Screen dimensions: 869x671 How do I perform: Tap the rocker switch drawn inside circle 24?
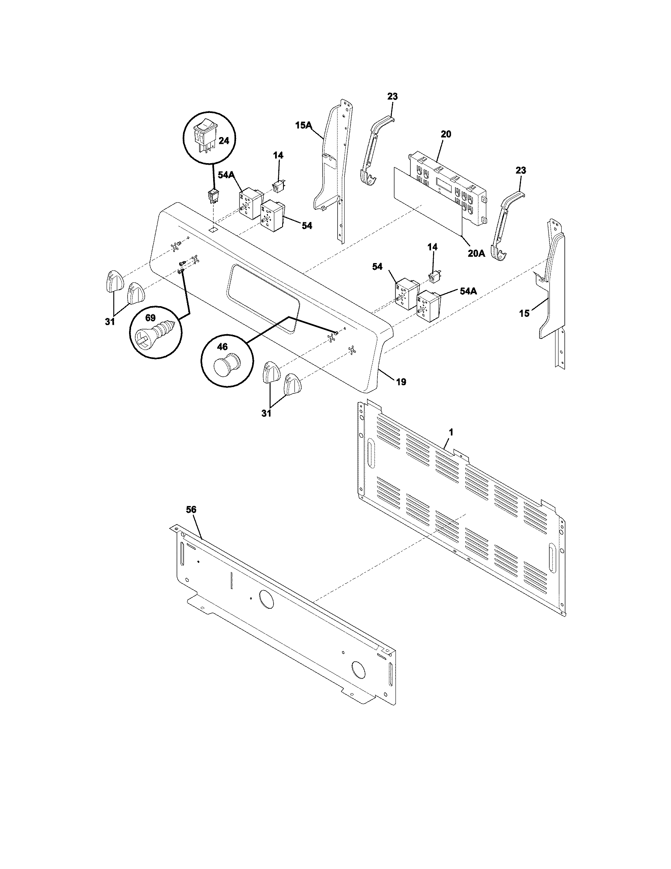(205, 138)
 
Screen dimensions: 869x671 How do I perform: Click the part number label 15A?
(303, 126)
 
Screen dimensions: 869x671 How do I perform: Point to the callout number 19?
(401, 382)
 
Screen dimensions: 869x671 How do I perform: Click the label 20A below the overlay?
(476, 253)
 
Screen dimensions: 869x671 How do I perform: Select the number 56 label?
(191, 509)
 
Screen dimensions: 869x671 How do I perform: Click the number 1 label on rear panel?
(450, 431)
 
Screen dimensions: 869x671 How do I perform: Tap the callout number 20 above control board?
(446, 134)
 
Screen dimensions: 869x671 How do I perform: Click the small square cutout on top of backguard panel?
(214, 229)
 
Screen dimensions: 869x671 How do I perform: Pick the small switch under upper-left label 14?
(277, 185)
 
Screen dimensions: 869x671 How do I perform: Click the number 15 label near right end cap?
(524, 314)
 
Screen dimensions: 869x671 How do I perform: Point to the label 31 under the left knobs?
(110, 321)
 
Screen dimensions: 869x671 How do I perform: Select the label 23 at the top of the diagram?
(392, 96)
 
